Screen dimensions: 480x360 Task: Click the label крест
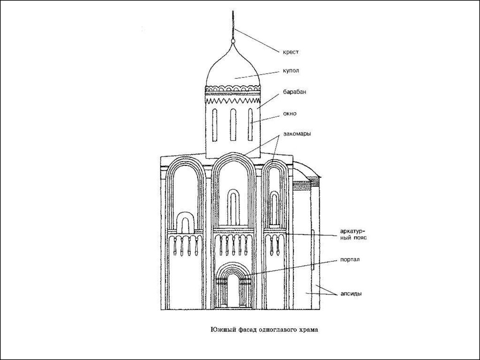click(x=291, y=52)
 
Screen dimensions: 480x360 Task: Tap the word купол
click(x=291, y=71)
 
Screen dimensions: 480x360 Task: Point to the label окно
click(x=290, y=113)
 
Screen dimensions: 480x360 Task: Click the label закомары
click(x=297, y=134)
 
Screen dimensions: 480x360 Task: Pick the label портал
click(x=350, y=260)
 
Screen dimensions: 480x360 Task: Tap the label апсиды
click(x=351, y=294)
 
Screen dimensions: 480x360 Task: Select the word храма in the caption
click(x=308, y=330)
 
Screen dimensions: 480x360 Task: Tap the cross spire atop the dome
click(x=233, y=24)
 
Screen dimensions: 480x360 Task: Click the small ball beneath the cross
click(x=233, y=41)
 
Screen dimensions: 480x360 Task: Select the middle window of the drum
click(x=233, y=125)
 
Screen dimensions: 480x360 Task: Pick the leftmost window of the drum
click(x=215, y=125)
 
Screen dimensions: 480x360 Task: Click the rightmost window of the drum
click(x=250, y=125)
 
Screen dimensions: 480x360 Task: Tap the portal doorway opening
click(x=233, y=291)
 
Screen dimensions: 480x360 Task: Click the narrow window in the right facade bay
click(x=274, y=209)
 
